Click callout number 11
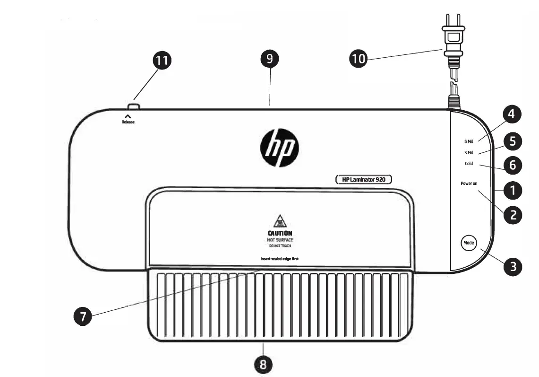pos(162,61)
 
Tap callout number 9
pos(270,59)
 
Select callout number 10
pos(358,59)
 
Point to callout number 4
pos(512,114)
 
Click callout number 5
pos(513,141)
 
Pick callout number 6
pos(513,165)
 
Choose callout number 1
pos(513,191)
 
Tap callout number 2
pos(513,215)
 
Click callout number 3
pos(513,267)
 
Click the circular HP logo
pos(280,148)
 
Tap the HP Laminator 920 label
pos(364,180)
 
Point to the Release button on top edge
pos(134,107)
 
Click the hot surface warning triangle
pos(280,221)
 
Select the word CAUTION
pos(280,233)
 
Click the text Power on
pos(469,184)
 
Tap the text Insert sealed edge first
pos(280,259)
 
